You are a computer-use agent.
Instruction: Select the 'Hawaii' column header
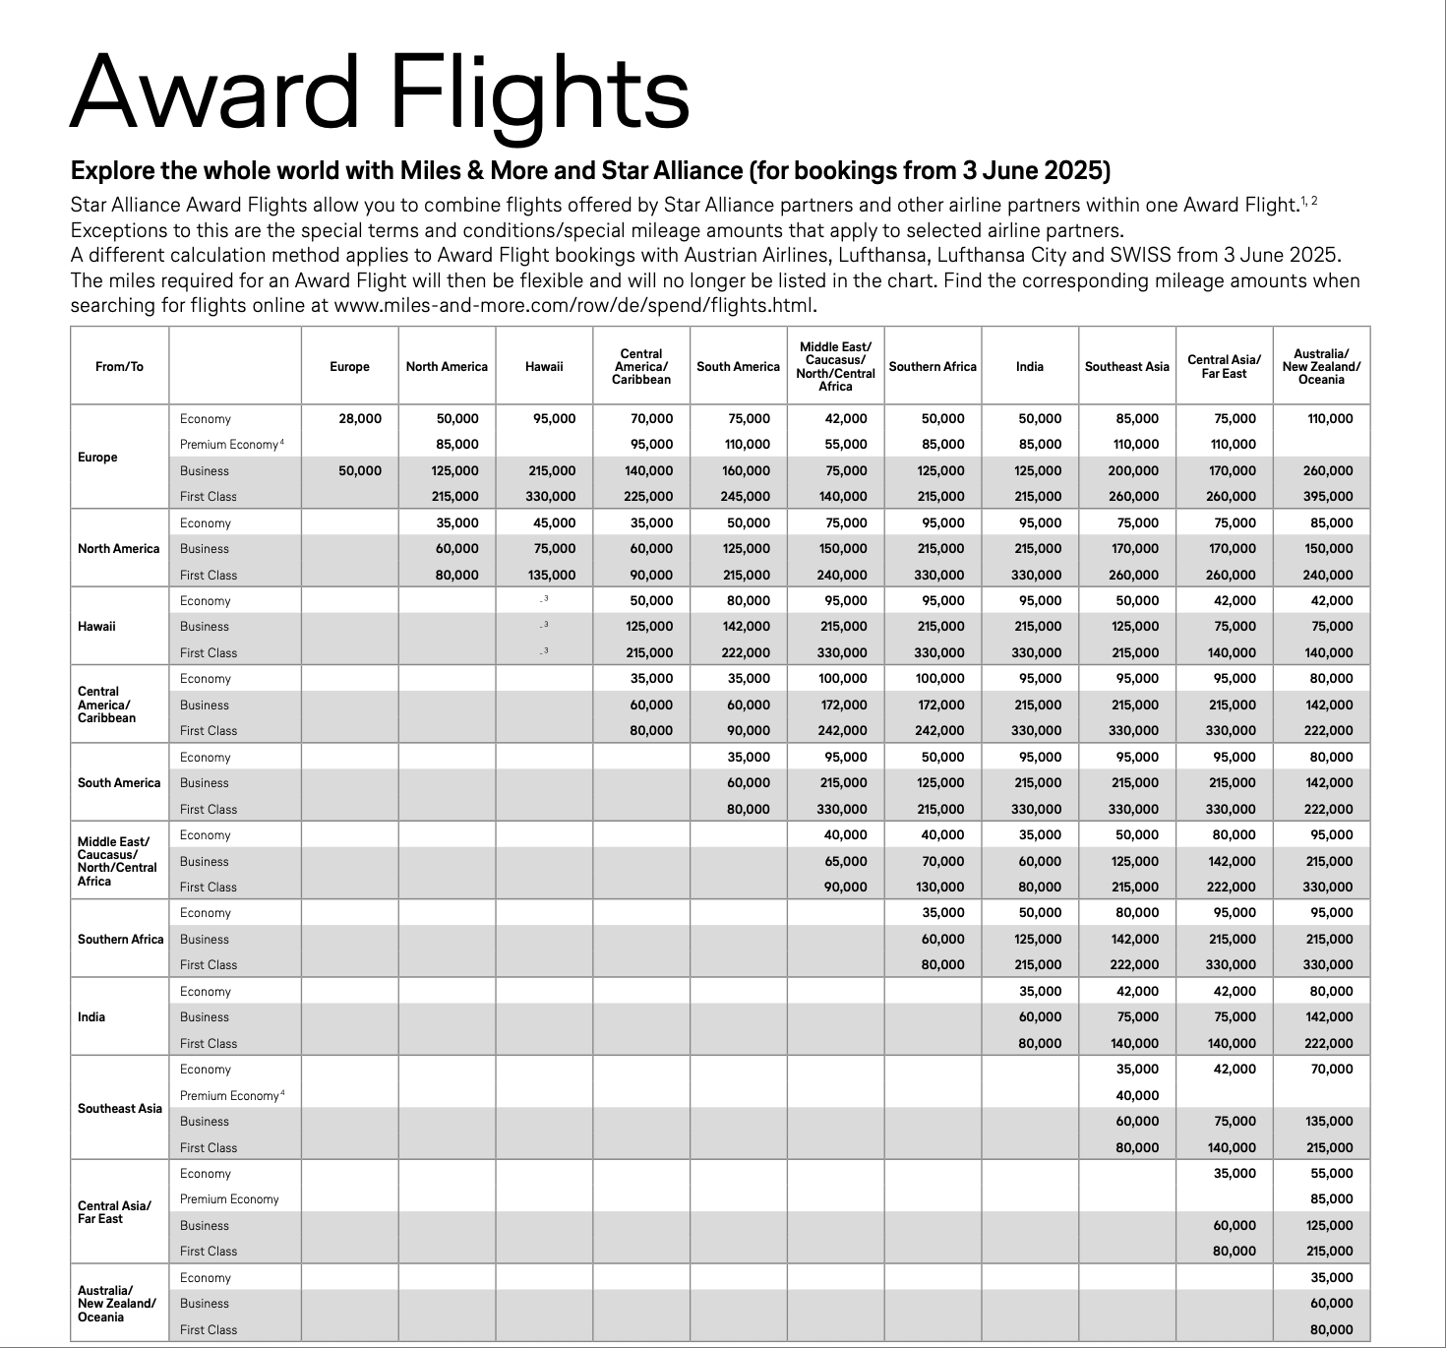click(x=544, y=367)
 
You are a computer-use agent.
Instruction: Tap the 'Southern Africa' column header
click(x=933, y=367)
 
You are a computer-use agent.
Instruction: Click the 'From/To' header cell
click(x=119, y=367)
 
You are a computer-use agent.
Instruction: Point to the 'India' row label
click(x=91, y=1017)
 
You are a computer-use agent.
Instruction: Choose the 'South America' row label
click(x=119, y=783)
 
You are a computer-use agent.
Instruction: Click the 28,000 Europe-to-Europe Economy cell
click(x=360, y=419)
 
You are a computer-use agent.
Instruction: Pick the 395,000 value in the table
click(x=1329, y=497)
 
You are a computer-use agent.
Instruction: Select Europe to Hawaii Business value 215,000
click(x=553, y=471)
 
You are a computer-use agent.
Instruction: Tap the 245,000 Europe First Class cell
click(x=747, y=497)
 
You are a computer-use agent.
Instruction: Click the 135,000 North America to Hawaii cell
click(x=553, y=576)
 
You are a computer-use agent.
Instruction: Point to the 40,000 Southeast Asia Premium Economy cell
click(x=1137, y=1096)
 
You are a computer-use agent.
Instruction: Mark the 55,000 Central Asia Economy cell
click(x=1332, y=1174)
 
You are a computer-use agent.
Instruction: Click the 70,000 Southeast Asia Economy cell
click(x=1332, y=1070)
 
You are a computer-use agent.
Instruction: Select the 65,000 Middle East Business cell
click(x=846, y=862)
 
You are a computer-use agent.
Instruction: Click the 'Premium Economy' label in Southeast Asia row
click(x=229, y=1096)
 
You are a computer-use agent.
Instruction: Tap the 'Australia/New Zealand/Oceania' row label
click(x=116, y=1304)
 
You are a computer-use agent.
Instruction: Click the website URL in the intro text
click(x=574, y=305)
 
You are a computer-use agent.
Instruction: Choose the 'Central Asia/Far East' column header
click(x=1224, y=367)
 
